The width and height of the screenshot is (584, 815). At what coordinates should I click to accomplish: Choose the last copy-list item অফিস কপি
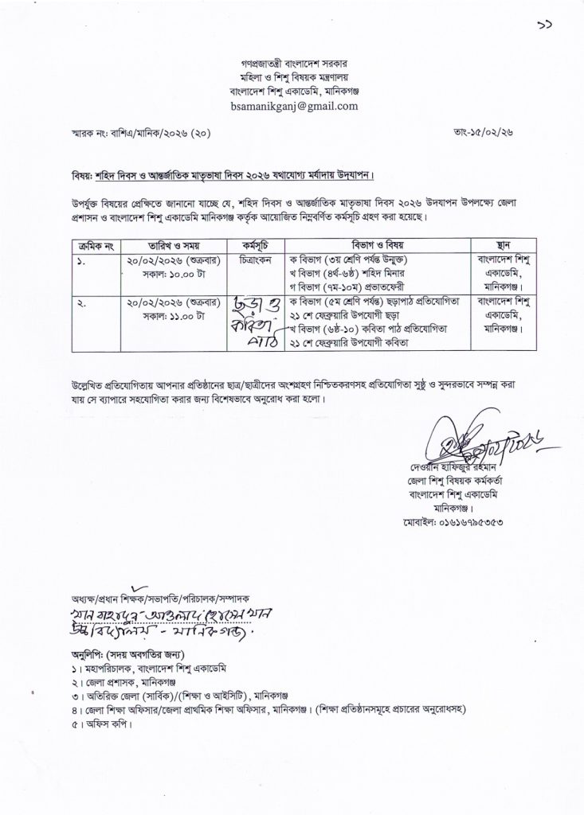[x=105, y=726]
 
